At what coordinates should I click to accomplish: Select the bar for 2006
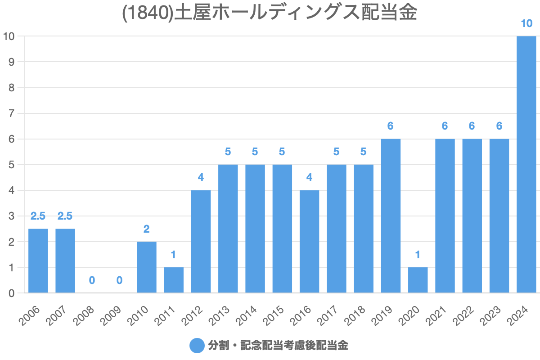tap(38, 261)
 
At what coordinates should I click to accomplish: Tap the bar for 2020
tap(418, 280)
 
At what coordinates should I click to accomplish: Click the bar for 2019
tap(391, 216)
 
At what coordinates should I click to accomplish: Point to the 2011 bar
tap(174, 280)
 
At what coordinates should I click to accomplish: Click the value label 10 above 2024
tap(526, 23)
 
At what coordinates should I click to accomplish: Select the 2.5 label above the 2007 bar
tap(65, 216)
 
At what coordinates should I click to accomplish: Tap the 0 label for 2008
tap(92, 280)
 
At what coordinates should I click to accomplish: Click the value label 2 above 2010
tap(147, 229)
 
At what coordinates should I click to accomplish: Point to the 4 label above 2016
tap(309, 177)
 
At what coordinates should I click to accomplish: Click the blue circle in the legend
tap(197, 346)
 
